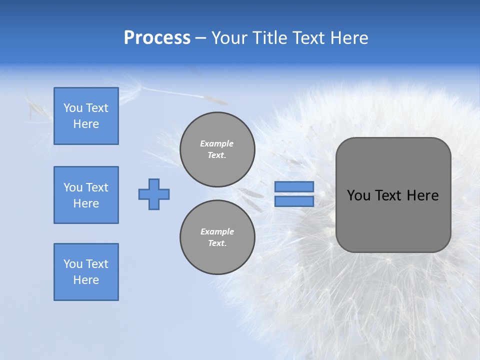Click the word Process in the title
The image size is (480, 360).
(157, 38)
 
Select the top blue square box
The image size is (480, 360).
(86, 116)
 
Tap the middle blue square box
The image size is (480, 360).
(86, 195)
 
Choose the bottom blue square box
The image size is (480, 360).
(86, 272)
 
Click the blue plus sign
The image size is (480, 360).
(154, 194)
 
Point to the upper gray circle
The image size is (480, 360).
(217, 149)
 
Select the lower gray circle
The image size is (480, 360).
(217, 237)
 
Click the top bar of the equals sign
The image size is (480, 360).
(294, 187)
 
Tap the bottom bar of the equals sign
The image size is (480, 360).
(294, 201)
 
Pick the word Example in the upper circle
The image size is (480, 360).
(217, 143)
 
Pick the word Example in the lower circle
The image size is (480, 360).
(217, 231)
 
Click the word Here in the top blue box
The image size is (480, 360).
(86, 124)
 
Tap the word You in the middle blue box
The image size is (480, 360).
(72, 187)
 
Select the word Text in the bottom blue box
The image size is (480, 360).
(96, 264)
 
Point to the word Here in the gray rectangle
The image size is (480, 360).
(422, 195)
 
